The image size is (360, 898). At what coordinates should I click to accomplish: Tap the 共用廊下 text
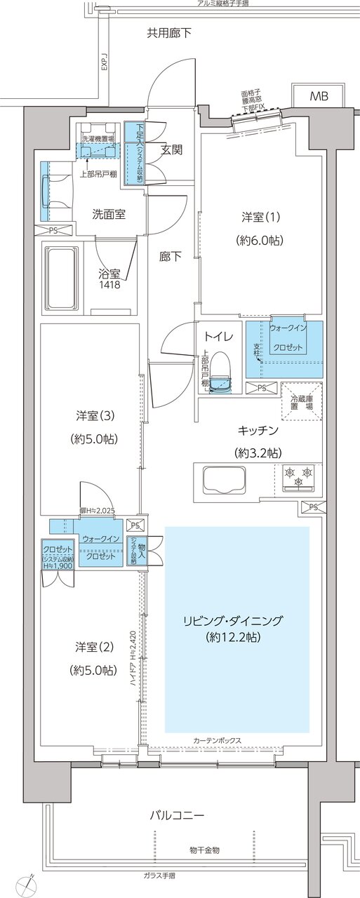tap(169, 32)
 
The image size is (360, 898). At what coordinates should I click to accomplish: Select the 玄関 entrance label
tap(171, 149)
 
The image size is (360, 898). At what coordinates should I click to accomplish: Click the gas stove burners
tap(302, 477)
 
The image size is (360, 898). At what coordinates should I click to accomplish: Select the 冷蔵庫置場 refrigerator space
tap(302, 402)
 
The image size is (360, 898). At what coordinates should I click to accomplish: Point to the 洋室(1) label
tap(260, 219)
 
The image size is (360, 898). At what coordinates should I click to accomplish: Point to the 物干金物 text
tap(204, 850)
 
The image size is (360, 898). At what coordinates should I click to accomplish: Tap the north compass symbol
tap(26, 880)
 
